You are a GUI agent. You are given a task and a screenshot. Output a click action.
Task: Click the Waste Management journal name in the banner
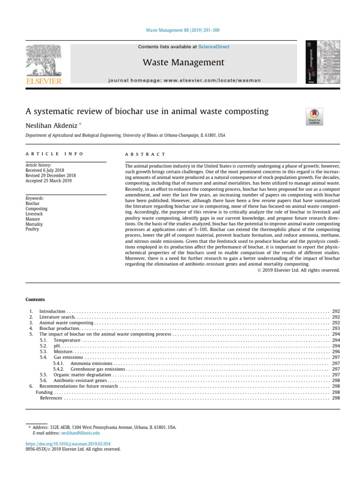pos(183,62)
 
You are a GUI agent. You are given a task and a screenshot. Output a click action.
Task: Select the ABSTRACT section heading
pos(145,154)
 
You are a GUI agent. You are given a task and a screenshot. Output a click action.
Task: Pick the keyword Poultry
pos(33,229)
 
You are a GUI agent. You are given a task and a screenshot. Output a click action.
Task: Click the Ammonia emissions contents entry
pos(91,363)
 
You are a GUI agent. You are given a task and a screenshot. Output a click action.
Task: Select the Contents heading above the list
pos(35,299)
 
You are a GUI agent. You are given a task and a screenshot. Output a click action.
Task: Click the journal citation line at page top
pos(180,30)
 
